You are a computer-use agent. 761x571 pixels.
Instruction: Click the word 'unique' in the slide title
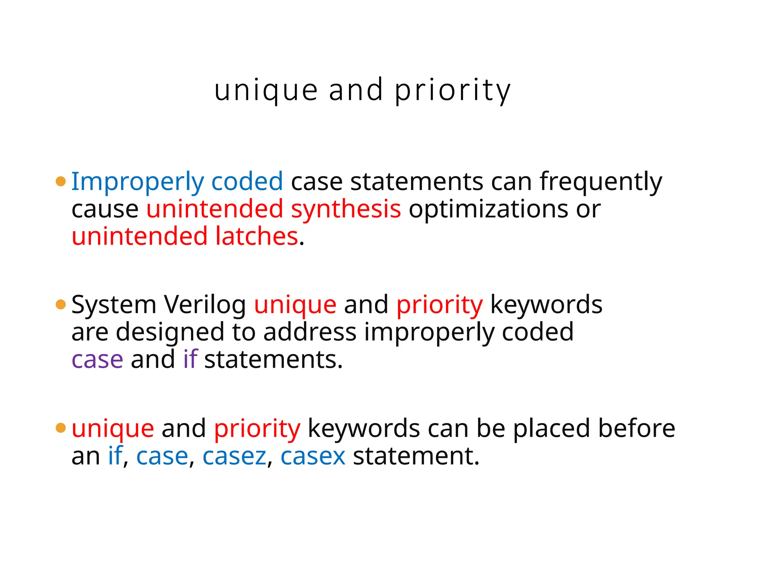pos(266,91)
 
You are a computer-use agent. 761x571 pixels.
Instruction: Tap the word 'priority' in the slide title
pos(453,91)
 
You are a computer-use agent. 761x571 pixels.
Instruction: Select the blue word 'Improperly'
pos(137,182)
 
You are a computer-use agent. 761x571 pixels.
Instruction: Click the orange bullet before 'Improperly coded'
pos(61,181)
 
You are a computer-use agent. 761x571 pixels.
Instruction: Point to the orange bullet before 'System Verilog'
pos(61,304)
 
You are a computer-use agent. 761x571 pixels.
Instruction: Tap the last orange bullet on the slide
pos(61,428)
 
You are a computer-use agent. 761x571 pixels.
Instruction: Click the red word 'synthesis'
pos(346,209)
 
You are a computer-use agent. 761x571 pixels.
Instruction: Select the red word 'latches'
pos(257,236)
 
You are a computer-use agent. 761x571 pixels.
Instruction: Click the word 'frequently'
pos(601,182)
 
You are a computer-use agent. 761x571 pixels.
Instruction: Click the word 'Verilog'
pos(205,305)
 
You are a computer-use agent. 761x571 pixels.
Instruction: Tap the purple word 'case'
pos(97,360)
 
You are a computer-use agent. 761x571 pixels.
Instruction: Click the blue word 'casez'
pos(234,457)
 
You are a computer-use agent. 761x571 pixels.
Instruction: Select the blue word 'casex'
pos(313,457)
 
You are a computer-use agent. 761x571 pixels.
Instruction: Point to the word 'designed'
pos(170,333)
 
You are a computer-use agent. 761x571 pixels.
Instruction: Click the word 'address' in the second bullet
pos(310,332)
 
